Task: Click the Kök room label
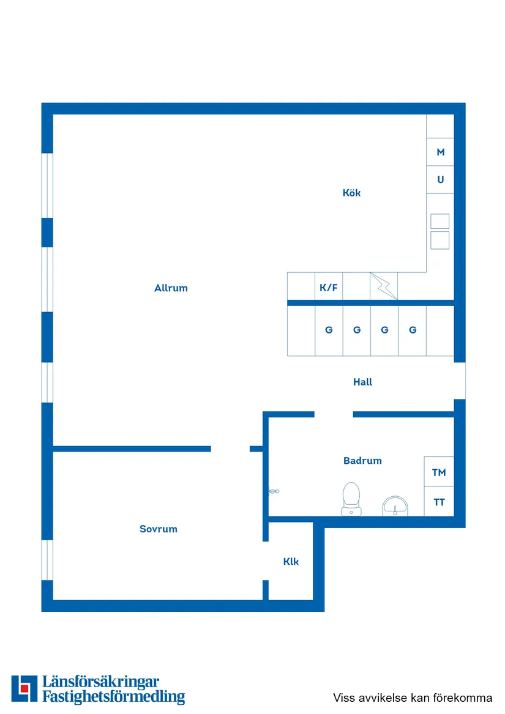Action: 351,193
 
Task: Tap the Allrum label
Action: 171,288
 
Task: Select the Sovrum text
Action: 158,529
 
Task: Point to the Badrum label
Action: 362,460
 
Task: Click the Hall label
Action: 362,382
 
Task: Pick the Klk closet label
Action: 291,562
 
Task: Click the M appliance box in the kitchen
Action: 440,152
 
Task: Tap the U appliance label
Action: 440,179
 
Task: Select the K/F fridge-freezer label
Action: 329,288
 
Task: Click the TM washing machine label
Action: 439,472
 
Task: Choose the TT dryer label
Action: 439,502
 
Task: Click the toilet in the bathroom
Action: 351,499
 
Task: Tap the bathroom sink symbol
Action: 395,506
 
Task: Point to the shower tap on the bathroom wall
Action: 274,491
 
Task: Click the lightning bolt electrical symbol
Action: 384,286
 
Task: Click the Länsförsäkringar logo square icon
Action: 24,688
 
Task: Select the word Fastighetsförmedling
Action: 113,697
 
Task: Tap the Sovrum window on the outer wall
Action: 47,560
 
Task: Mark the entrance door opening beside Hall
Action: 460,381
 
